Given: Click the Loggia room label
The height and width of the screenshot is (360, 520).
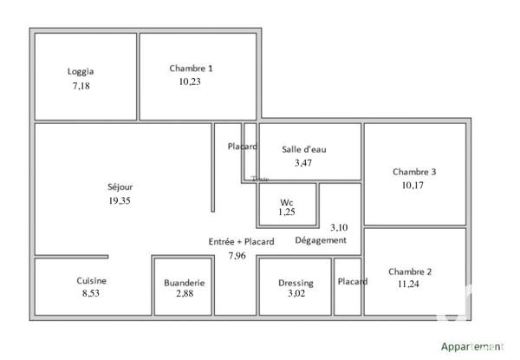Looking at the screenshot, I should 81,72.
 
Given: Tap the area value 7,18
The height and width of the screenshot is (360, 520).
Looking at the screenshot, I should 81,87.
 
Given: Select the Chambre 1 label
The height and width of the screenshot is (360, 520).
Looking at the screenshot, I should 191,68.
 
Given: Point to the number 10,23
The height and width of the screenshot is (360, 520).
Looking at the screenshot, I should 191,82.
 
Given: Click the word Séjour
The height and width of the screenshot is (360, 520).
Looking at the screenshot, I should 120,186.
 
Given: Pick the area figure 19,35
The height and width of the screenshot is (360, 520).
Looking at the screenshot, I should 120,200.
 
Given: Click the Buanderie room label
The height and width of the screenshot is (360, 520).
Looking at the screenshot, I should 184,283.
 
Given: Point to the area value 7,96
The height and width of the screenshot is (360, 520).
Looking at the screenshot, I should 237,256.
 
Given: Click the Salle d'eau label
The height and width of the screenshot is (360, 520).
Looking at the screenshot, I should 304,148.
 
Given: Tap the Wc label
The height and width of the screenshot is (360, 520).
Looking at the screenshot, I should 286,202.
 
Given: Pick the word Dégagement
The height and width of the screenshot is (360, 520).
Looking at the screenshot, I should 321,240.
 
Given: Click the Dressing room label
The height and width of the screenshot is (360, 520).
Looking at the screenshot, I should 296,284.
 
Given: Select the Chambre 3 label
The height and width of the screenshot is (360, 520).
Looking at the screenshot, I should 414,172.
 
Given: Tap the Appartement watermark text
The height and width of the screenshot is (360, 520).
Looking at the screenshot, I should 471,346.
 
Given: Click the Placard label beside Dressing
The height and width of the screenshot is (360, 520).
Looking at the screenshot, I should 353,281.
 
